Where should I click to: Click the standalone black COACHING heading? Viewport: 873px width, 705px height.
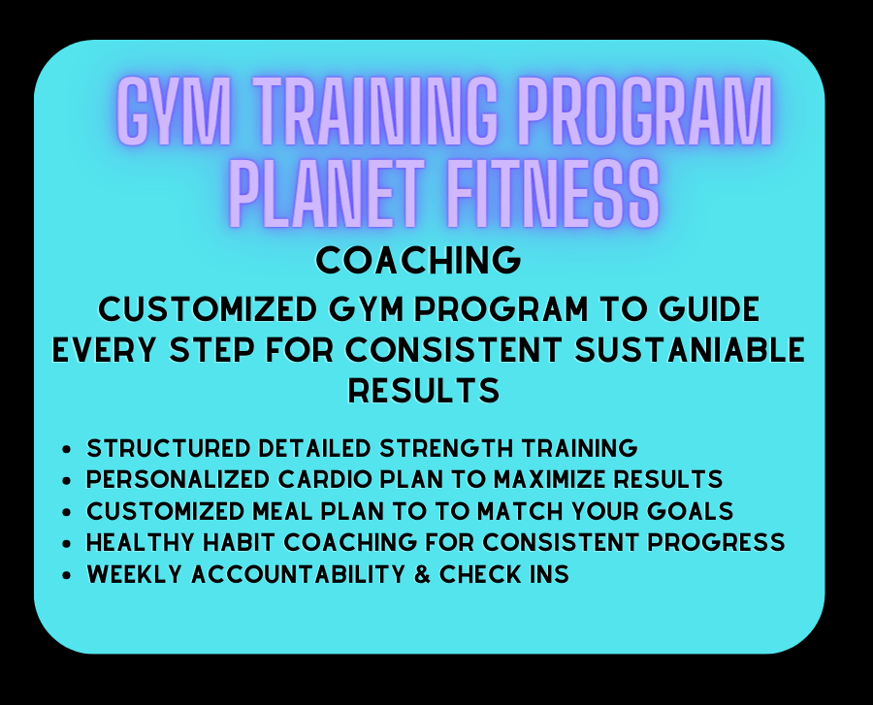[x=418, y=261]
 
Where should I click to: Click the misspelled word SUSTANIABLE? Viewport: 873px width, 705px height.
[x=690, y=350]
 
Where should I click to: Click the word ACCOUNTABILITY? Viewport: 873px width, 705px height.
[x=298, y=574]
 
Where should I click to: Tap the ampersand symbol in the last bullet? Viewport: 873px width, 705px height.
[x=423, y=574]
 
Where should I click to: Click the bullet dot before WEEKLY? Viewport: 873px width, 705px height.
[x=67, y=575]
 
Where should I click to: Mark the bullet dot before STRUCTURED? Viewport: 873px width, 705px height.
[x=67, y=448]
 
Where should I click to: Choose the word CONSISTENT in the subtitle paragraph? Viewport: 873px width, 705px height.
[x=453, y=350]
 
